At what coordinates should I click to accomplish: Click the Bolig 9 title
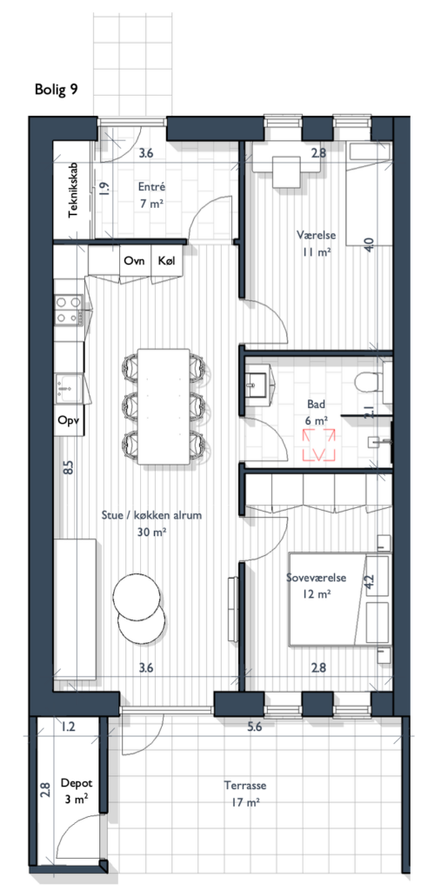tap(57, 89)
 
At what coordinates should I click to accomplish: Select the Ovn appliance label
tap(134, 261)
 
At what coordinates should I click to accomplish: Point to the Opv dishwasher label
tap(68, 421)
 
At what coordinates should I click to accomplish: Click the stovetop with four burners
tap(69, 311)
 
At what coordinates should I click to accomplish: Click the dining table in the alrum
tap(164, 406)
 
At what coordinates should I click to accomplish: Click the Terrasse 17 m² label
tap(245, 794)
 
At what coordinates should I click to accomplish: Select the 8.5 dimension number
tap(68, 468)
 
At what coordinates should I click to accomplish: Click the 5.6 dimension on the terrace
tap(255, 727)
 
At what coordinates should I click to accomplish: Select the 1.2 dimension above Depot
tap(69, 726)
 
